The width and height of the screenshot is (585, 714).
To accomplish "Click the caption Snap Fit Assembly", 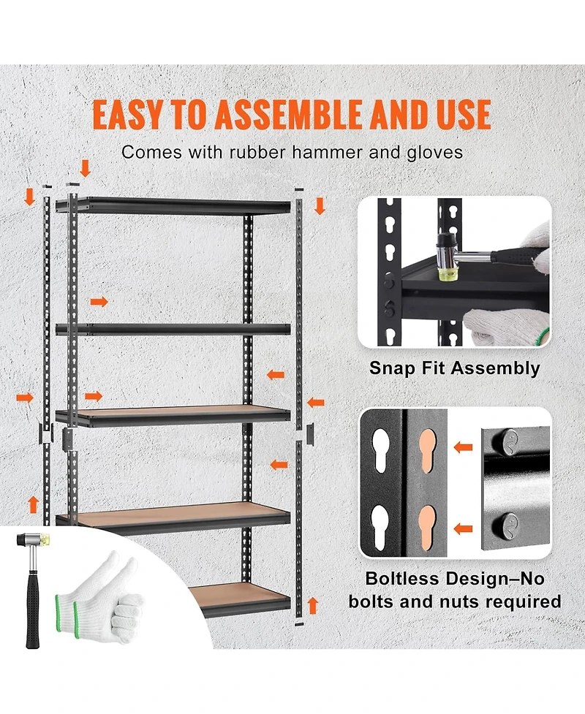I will coord(454,368).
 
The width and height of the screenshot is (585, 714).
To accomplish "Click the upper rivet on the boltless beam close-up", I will coord(510,440).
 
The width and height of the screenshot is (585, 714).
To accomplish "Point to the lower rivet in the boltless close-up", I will coord(510,523).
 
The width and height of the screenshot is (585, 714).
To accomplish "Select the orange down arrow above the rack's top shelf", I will coord(86,169).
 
